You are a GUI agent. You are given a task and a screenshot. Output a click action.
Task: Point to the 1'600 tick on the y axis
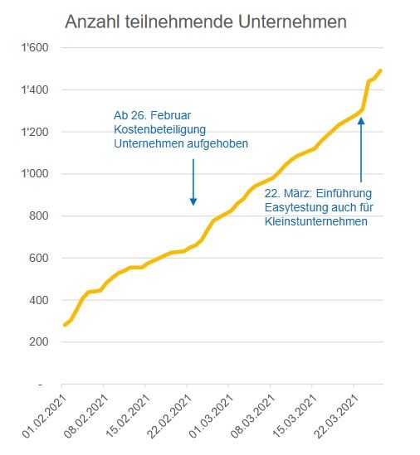click(x=35, y=47)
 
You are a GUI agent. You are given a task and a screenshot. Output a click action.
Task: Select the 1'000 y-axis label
click(x=35, y=173)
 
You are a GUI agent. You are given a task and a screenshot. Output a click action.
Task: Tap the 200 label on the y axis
click(x=39, y=341)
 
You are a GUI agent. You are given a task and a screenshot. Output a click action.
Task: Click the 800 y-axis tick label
click(x=39, y=215)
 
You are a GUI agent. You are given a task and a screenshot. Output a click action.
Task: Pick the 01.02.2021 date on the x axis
click(x=45, y=416)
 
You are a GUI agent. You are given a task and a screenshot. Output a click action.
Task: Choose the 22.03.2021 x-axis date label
click(x=336, y=416)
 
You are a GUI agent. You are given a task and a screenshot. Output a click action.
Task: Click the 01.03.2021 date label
click(x=211, y=416)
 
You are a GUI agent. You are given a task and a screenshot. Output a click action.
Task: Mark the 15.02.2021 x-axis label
click(x=128, y=416)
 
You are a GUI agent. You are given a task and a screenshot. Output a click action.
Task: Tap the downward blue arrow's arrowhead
click(x=193, y=201)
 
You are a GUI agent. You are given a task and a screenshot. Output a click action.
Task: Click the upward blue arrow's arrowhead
click(x=361, y=121)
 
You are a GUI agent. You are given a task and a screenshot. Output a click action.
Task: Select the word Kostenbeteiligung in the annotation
click(x=159, y=130)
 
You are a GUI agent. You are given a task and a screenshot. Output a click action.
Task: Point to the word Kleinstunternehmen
click(x=316, y=221)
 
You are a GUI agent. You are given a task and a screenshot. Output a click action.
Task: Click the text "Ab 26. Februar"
click(x=152, y=115)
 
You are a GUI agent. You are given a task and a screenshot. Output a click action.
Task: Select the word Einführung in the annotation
click(x=344, y=193)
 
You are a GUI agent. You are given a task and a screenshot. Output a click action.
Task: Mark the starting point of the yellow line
click(x=65, y=325)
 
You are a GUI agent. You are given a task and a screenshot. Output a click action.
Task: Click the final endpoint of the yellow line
click(x=380, y=70)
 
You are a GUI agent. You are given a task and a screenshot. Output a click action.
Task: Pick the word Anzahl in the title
click(x=92, y=22)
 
